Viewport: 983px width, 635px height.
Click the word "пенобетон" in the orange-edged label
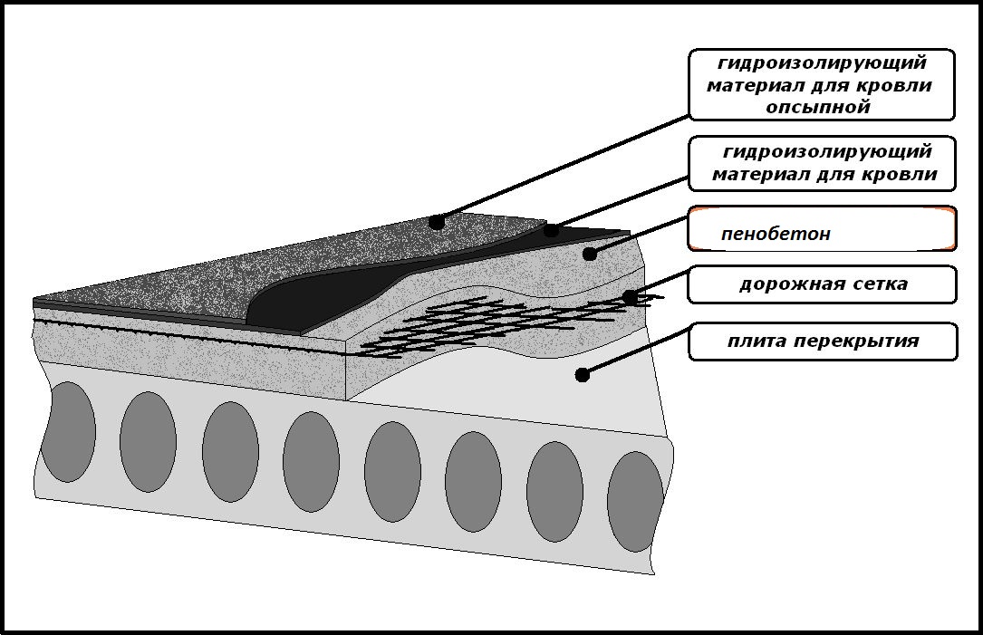[x=776, y=234]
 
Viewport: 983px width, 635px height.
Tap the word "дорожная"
[x=788, y=284]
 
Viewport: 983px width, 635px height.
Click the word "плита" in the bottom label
[x=757, y=342]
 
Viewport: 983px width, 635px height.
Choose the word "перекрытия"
[x=857, y=342]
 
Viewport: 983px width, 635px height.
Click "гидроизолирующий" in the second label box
[x=827, y=151]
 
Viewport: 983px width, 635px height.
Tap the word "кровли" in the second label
[x=901, y=174]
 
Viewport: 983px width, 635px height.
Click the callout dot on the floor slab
[x=582, y=375]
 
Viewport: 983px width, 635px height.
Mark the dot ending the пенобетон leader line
[x=589, y=254]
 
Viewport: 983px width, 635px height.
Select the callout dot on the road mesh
[x=630, y=296]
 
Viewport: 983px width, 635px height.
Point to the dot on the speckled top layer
[x=437, y=221]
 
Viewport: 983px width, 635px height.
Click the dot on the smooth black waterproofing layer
[x=551, y=230]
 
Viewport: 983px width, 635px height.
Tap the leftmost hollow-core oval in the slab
[x=68, y=432]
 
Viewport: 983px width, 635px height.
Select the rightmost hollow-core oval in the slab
[x=635, y=502]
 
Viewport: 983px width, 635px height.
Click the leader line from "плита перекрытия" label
[x=636, y=350]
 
